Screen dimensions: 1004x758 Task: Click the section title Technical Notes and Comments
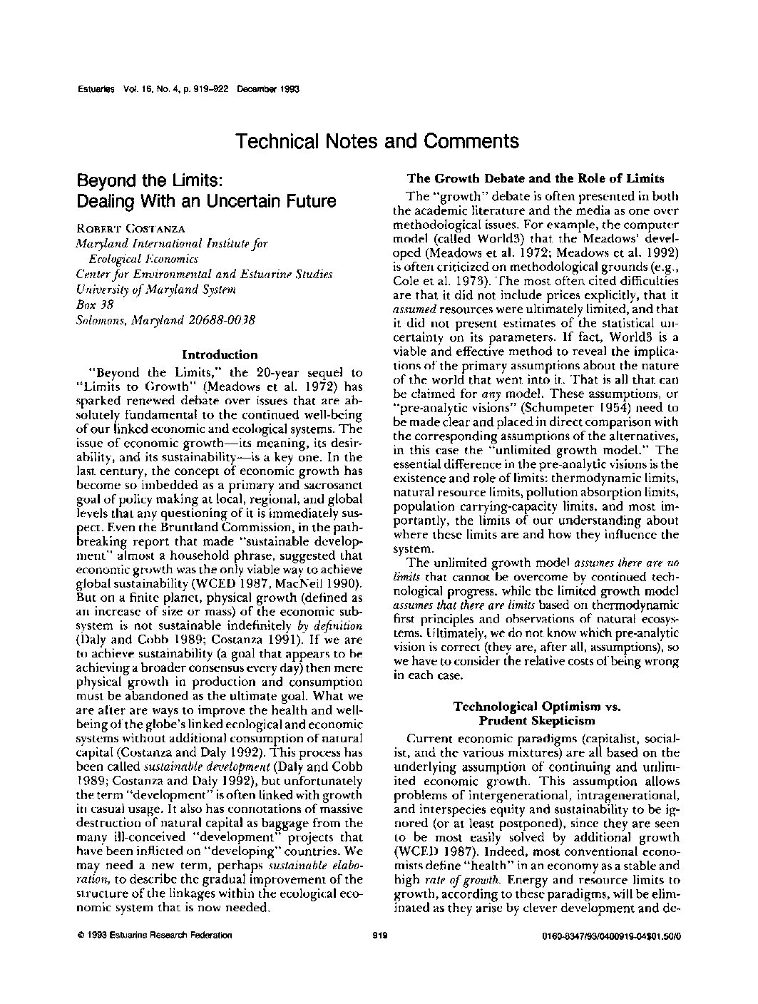click(x=377, y=141)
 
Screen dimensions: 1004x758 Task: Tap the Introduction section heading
click(x=220, y=354)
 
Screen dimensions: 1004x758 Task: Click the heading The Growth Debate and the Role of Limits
click(x=535, y=178)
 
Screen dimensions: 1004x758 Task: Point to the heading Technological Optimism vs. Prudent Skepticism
click(x=537, y=713)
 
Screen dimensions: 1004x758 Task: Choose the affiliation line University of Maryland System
click(x=155, y=290)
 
